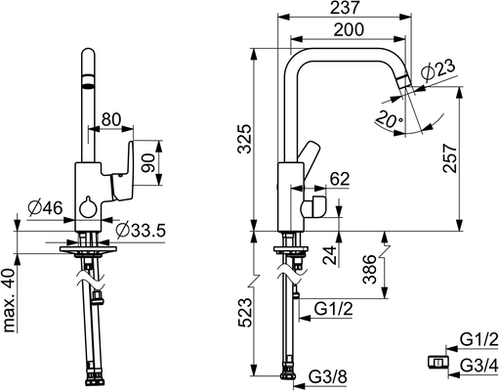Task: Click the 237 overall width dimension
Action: (345, 7)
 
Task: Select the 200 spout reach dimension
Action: (349, 29)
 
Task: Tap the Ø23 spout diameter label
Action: (438, 70)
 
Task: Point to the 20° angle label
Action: (389, 119)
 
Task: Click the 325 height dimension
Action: (244, 139)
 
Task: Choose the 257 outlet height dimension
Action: (450, 158)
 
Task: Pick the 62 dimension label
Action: (339, 179)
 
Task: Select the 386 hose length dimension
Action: (370, 269)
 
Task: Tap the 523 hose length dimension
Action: (245, 312)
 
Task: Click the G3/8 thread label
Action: (328, 377)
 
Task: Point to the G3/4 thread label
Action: (479, 366)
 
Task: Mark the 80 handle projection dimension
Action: (111, 119)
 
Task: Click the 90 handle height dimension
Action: (148, 163)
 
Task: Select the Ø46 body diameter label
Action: (45, 208)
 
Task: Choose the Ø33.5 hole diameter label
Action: (141, 231)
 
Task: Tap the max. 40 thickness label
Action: (10, 300)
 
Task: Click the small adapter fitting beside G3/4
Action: (437, 362)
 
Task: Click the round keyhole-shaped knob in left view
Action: (87, 207)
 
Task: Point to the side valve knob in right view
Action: (313, 207)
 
